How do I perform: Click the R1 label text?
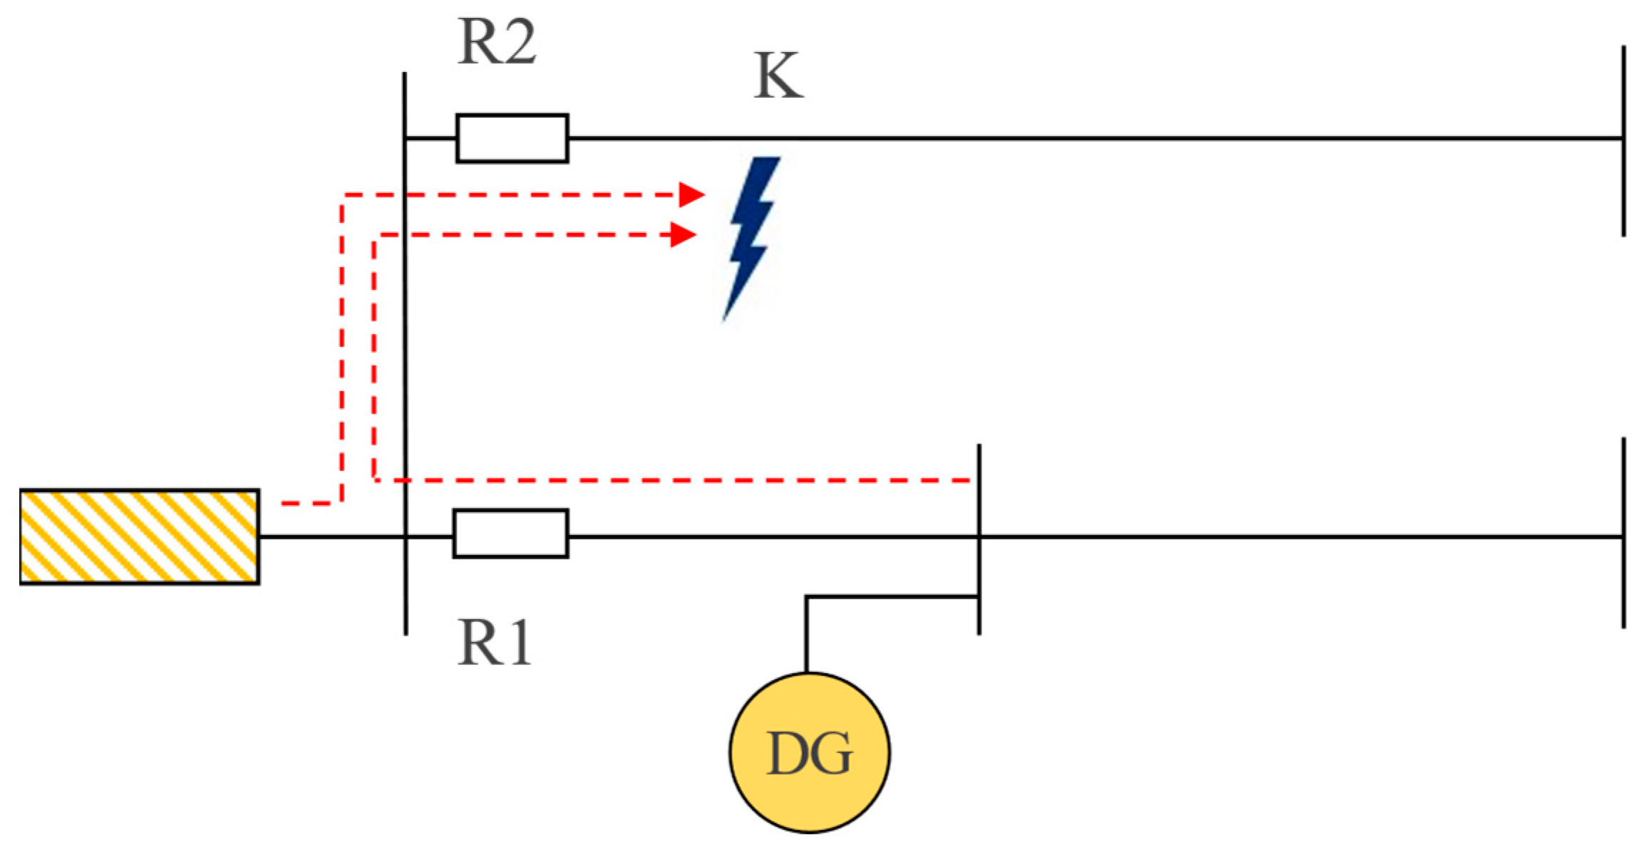[x=494, y=643]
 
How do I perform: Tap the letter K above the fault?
[x=778, y=75]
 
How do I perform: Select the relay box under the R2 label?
[x=512, y=138]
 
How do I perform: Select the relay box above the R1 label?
[x=510, y=533]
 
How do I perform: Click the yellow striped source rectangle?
[x=139, y=537]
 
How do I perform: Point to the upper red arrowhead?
[x=691, y=194]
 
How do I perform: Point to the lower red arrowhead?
[x=683, y=234]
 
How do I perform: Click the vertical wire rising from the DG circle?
[x=806, y=634]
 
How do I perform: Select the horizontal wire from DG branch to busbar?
[x=891, y=597]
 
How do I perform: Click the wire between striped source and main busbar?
[x=331, y=536]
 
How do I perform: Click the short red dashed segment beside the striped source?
[x=306, y=504]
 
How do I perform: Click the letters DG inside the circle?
[x=809, y=754]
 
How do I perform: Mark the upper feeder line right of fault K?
[x=1212, y=138]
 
